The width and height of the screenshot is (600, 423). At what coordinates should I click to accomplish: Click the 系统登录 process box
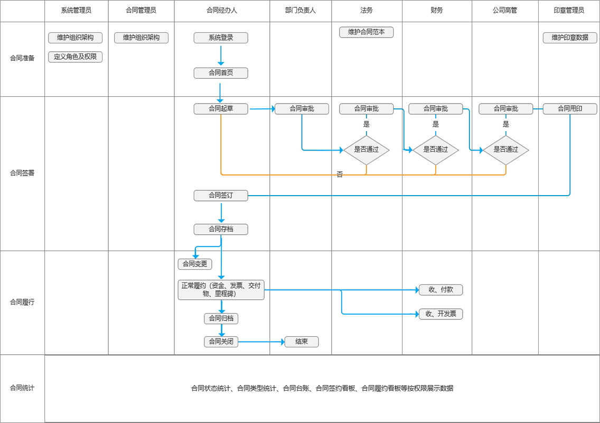pos(221,38)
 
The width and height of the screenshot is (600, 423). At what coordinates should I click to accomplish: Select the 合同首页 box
pos(221,73)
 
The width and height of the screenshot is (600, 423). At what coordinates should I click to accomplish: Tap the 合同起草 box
pos(221,109)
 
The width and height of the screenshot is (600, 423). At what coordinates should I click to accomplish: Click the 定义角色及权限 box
pos(75,57)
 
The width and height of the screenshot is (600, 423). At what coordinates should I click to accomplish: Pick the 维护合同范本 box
pos(366,32)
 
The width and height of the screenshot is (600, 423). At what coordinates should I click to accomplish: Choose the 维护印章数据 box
pos(570,38)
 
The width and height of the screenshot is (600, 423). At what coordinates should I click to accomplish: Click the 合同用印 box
pos(570,109)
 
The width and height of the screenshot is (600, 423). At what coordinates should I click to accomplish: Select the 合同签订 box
pos(221,196)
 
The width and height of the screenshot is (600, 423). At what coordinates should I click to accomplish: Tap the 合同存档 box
pos(221,229)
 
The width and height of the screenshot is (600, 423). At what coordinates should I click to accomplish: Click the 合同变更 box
pos(195,264)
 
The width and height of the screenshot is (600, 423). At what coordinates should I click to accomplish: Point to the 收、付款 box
pos(440,290)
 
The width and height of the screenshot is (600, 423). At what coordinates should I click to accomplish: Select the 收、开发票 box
pos(440,314)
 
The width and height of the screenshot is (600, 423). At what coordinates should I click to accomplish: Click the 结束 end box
pos(302,342)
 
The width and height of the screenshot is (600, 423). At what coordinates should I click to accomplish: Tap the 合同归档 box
pos(221,318)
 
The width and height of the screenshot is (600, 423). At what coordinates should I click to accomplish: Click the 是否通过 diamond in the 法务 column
pos(366,150)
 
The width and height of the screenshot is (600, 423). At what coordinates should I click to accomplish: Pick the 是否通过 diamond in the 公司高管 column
pos(505,150)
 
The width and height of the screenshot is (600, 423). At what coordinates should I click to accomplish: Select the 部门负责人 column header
pos(300,10)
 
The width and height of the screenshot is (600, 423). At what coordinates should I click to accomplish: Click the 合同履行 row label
pos(22,302)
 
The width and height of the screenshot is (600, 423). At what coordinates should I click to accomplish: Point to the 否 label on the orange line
pos(340,174)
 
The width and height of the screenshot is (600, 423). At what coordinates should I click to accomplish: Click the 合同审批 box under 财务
pos(436,109)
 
